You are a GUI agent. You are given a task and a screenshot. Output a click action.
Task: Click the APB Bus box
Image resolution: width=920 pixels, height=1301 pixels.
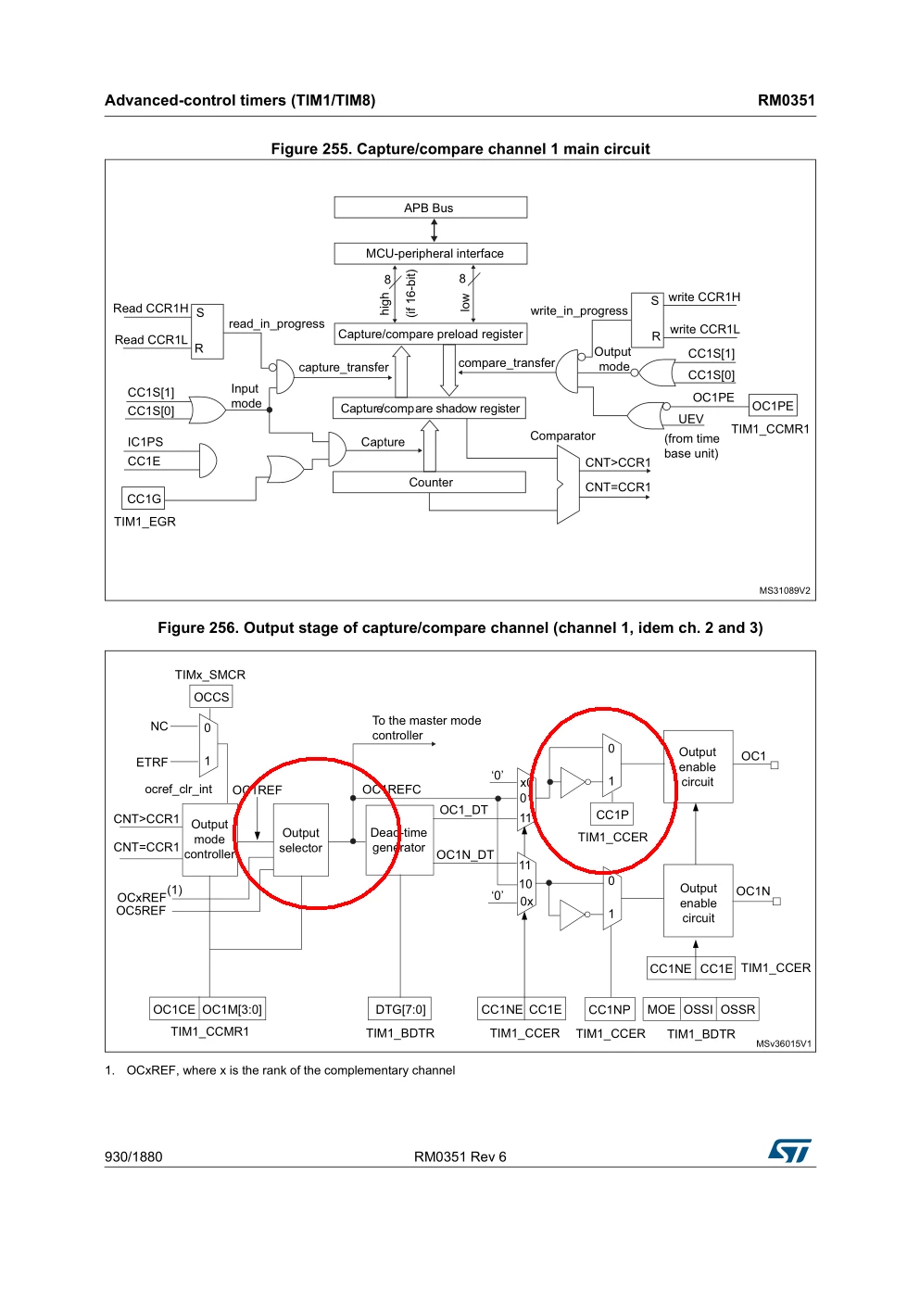click(431, 208)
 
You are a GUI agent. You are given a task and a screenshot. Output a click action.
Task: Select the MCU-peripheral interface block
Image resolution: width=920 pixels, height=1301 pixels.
click(431, 253)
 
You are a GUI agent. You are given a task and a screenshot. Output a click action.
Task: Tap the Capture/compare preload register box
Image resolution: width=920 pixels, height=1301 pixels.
click(431, 334)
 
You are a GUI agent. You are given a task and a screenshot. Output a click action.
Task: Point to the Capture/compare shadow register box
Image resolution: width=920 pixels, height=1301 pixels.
click(429, 409)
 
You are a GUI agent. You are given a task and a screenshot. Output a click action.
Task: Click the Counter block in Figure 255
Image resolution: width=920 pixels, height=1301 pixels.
click(429, 482)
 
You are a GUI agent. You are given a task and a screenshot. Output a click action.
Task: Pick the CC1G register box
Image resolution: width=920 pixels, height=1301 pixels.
click(144, 499)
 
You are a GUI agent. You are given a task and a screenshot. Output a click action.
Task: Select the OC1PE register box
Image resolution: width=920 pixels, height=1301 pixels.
click(773, 405)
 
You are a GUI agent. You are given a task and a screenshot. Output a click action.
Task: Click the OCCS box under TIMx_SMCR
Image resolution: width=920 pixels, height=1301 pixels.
click(211, 697)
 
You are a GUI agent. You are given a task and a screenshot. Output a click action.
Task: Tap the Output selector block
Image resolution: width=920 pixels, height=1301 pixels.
click(301, 840)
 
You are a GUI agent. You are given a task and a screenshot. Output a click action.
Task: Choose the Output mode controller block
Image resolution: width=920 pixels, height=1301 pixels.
click(209, 840)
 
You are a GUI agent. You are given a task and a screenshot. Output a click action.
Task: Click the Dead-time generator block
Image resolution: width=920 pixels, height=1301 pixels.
click(399, 840)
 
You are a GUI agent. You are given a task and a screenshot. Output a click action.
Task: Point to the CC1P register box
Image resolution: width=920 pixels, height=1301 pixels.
click(612, 815)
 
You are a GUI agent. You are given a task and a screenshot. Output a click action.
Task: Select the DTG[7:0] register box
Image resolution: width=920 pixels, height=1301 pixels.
click(400, 1009)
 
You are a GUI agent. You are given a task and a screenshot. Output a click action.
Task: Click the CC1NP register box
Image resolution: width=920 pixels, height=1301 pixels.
click(610, 1009)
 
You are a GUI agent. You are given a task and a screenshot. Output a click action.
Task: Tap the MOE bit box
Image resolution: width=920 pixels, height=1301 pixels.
click(662, 1009)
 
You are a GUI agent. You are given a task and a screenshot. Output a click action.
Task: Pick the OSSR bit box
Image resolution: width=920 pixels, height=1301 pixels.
click(737, 1009)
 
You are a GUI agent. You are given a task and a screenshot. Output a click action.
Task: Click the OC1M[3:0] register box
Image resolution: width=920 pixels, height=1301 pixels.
click(233, 1009)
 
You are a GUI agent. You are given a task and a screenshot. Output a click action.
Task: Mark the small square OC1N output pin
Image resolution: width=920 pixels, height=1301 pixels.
click(777, 902)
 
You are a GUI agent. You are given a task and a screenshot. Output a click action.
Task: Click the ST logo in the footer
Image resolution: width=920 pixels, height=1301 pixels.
click(790, 1151)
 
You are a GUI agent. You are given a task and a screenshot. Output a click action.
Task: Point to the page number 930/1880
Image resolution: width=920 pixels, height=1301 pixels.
click(133, 1157)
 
